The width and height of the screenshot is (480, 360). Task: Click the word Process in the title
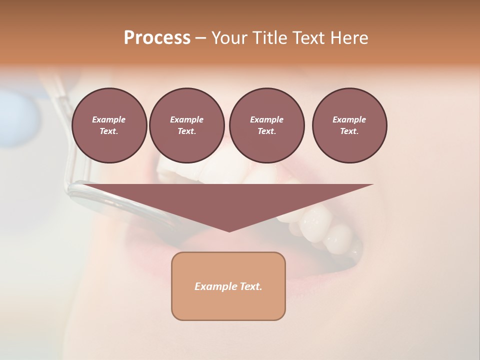pos(157,38)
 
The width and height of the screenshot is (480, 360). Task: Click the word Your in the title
pos(229,38)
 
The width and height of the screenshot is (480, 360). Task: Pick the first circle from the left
pos(109,125)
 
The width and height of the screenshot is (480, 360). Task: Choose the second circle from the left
pos(186,125)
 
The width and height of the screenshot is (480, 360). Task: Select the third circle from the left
pos(266,125)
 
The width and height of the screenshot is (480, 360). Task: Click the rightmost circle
pos(349,125)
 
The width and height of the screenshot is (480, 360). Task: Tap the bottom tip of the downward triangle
pos(229,230)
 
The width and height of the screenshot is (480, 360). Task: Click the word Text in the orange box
pos(251,286)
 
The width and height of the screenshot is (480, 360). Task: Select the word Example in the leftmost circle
pos(109,119)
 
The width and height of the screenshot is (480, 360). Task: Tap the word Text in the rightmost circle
pos(349,131)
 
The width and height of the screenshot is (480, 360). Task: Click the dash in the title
pos(200,38)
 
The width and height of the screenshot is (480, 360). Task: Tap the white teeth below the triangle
pos(320,225)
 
